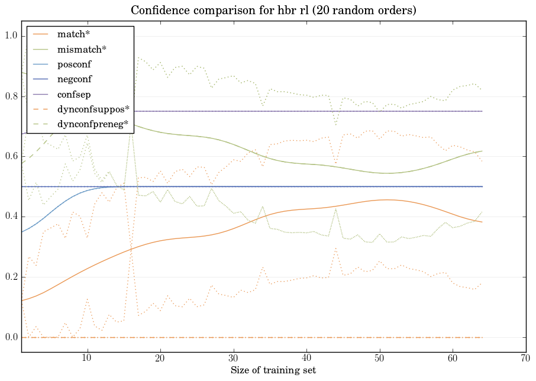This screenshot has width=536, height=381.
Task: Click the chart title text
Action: [273, 10]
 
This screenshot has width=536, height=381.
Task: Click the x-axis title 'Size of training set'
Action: [273, 370]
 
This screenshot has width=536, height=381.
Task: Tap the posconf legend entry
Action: [74, 64]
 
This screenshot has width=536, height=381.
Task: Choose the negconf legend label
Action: [74, 79]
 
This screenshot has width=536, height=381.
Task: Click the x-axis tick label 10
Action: [87, 358]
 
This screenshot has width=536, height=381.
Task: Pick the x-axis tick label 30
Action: [234, 358]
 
